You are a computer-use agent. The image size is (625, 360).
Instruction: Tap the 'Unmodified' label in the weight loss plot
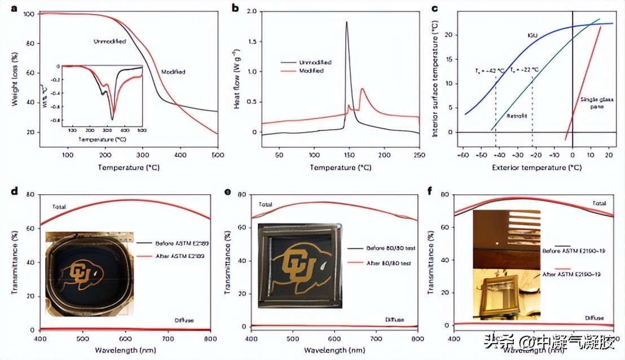pyautogui.click(x=109, y=41)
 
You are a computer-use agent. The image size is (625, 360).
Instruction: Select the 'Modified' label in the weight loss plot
pyautogui.click(x=174, y=72)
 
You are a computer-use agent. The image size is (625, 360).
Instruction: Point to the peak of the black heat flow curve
pyautogui.click(x=346, y=23)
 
